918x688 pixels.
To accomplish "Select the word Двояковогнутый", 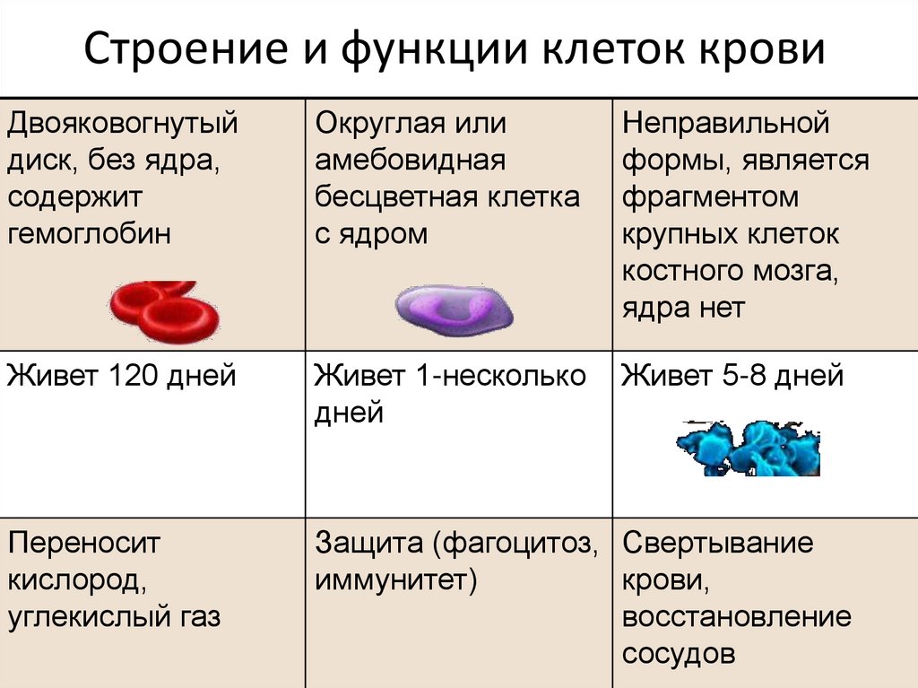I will pyautogui.click(x=123, y=123).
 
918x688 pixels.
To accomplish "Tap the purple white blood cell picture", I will pyautogui.click(x=455, y=308).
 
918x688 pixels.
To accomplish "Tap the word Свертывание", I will pyautogui.click(x=717, y=543).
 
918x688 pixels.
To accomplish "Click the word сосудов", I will pyautogui.click(x=679, y=653).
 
